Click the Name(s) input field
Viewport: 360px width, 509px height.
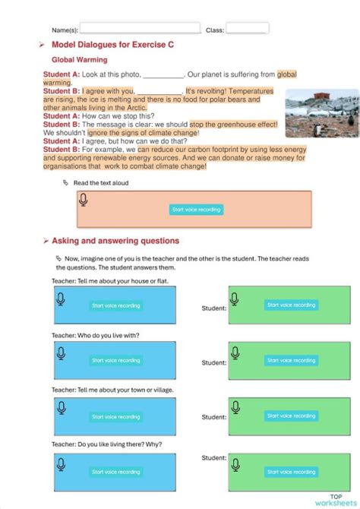coord(140,29)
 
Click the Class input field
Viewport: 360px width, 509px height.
coord(247,29)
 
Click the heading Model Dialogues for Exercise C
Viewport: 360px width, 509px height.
coord(112,45)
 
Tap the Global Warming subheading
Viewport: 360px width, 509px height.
coord(79,59)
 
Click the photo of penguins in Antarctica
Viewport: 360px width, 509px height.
coord(321,113)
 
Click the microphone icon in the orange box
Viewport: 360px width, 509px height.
coord(84,200)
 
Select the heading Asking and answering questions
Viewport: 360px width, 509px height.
coord(115,241)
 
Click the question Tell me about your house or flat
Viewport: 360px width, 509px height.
coord(110,281)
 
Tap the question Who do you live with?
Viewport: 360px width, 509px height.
coord(96,335)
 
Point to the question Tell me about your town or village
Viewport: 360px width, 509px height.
coord(112,390)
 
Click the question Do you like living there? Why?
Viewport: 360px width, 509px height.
coord(106,444)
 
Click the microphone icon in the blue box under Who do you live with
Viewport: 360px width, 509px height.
coord(61,352)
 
